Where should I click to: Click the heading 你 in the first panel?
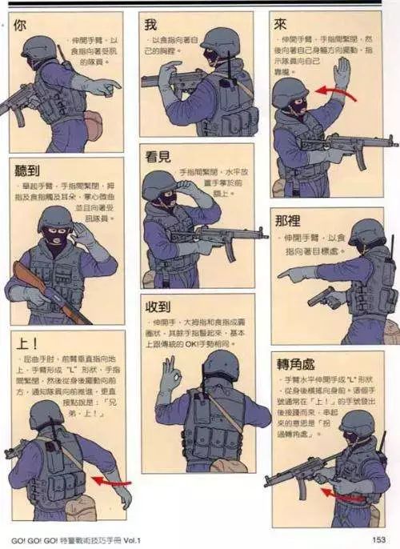(x=21, y=25)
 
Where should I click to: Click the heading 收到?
(x=157, y=306)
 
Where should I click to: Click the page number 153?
(x=379, y=539)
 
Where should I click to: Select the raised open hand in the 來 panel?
(x=342, y=73)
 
